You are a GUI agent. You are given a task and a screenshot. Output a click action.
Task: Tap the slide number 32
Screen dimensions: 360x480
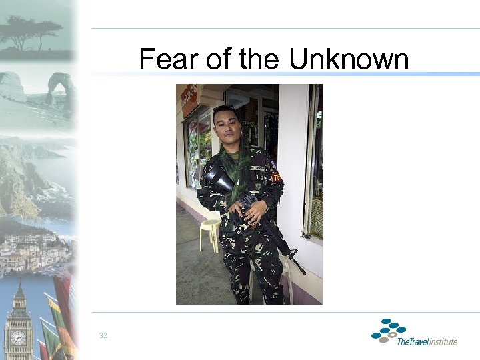(x=103, y=335)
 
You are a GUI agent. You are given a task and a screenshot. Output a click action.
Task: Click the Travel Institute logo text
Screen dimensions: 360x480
(x=427, y=341)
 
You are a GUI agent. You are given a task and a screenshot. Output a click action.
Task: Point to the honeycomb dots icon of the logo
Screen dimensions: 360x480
(x=388, y=329)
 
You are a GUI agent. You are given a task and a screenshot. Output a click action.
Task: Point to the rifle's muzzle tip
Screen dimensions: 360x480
(x=304, y=272)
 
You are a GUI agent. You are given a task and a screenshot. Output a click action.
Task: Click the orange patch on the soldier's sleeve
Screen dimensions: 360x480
(x=275, y=177)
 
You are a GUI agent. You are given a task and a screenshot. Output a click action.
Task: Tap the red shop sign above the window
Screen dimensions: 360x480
(x=189, y=99)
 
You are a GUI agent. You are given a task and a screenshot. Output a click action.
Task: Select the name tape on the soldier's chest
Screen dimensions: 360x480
(x=258, y=167)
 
